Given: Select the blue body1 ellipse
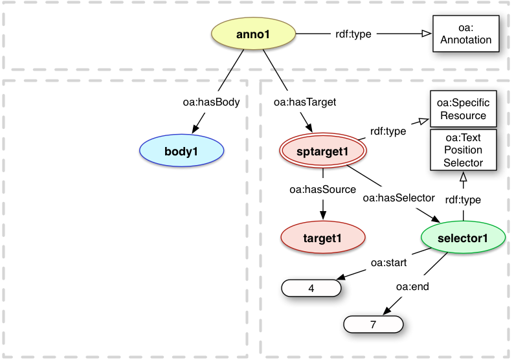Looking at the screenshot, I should click(182, 150).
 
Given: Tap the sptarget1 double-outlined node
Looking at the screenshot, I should click(322, 152).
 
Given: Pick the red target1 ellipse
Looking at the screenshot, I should click(322, 238).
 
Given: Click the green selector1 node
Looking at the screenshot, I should click(463, 238).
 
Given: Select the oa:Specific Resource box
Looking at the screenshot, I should click(463, 109).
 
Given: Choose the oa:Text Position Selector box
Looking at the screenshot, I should click(463, 150).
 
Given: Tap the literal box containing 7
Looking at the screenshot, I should click(373, 324).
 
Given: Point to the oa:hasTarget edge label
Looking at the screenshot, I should click(296, 102).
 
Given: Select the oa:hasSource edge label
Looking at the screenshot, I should click(322, 190).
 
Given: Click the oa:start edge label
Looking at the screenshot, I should click(388, 262).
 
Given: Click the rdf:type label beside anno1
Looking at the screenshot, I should click(353, 34).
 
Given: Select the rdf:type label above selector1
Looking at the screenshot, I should click(463, 199).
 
